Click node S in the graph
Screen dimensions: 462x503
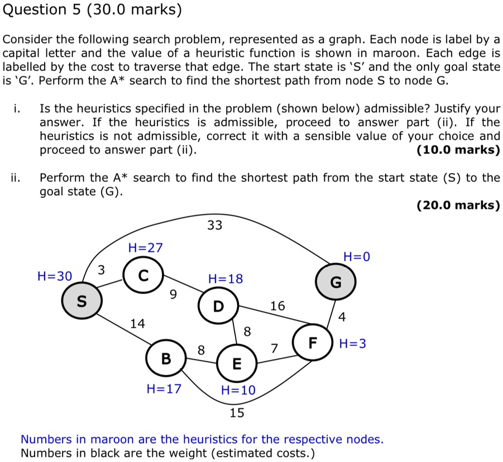[82, 301]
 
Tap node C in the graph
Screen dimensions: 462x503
[143, 275]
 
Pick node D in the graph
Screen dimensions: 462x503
[218, 306]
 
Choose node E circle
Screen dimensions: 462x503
[237, 365]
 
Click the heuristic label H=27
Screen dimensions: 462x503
[145, 247]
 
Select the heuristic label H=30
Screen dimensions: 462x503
[55, 275]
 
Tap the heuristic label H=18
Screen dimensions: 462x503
[226, 279]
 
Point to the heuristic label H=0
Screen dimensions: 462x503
[357, 257]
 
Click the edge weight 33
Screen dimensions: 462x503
[214, 225]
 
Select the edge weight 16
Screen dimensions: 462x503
[277, 306]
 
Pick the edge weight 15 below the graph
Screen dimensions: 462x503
[237, 413]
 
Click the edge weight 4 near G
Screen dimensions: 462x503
[342, 317]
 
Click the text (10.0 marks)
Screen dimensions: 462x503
[458, 150]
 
